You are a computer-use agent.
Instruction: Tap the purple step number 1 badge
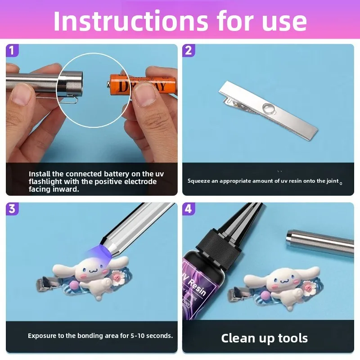pyautogui.click(x=12, y=50)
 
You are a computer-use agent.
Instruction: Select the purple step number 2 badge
pyautogui.click(x=189, y=50)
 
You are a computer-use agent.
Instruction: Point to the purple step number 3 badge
pyautogui.click(x=12, y=209)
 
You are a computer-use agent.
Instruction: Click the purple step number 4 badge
pyautogui.click(x=189, y=209)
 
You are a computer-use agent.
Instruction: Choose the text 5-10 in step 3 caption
pyautogui.click(x=138, y=336)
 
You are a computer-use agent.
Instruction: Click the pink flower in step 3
pyautogui.click(x=118, y=277)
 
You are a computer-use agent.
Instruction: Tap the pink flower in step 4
pyautogui.click(x=309, y=288)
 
